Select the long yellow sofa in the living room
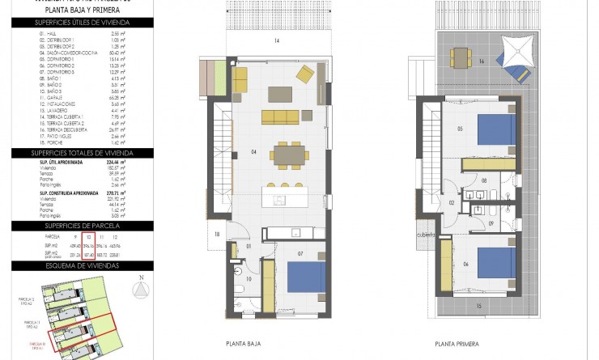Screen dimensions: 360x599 coord(278,116)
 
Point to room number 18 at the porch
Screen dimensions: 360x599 coord(217,234)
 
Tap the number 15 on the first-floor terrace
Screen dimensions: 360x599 coord(478,306)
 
